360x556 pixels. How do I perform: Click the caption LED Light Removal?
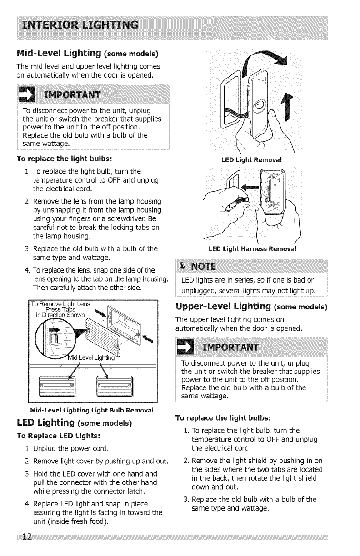251,159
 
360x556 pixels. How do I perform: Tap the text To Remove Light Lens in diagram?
61,303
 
